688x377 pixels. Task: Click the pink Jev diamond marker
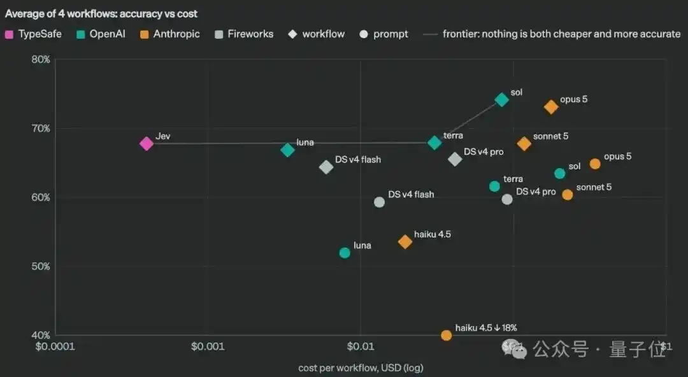(146, 143)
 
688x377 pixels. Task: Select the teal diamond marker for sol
(501, 99)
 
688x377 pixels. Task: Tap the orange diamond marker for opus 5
(551, 106)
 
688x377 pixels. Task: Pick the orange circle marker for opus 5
(595, 164)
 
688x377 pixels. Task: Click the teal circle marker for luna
(345, 253)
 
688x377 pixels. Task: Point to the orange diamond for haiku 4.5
(405, 242)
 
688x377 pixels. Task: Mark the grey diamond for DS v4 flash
(326, 167)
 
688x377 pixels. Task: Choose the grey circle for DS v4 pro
(507, 200)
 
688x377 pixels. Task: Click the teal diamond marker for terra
(434, 143)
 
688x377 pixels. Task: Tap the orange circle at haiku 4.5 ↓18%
(446, 336)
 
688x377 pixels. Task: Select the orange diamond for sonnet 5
(524, 143)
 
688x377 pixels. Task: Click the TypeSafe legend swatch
(9, 34)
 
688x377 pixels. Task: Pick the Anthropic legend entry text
(176, 34)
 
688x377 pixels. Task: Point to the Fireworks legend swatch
(219, 34)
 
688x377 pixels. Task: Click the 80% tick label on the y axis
(41, 60)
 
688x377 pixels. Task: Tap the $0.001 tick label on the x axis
(208, 346)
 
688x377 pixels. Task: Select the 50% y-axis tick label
(41, 266)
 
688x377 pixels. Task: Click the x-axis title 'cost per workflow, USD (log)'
(361, 368)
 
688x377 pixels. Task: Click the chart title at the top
(101, 13)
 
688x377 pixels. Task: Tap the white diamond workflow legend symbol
(292, 34)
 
